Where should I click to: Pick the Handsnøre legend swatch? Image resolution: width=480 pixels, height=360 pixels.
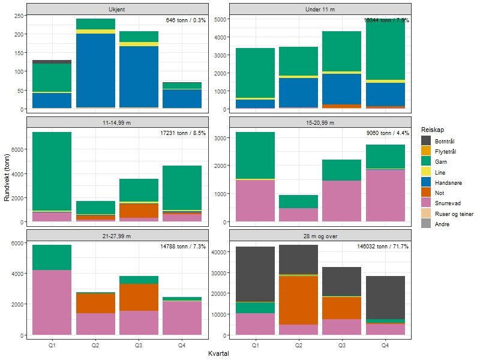coord(427,182)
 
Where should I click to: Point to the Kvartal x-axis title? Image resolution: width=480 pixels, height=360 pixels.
coord(218,354)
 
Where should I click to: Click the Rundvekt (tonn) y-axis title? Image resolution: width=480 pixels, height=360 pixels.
coord(7,174)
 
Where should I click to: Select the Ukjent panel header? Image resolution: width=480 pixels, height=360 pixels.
coord(118,9)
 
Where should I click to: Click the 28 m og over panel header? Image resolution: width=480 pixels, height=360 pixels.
coord(320,235)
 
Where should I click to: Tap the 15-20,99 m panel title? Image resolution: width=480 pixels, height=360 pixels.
coord(320,122)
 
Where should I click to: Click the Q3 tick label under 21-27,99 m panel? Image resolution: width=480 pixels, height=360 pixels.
coord(139,346)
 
